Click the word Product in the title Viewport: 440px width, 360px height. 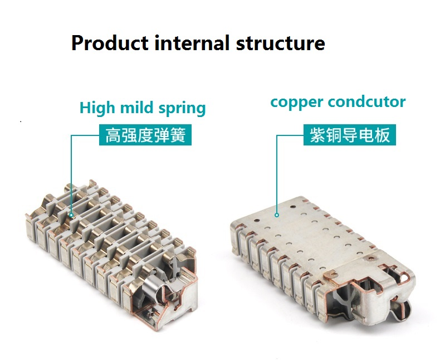click(110, 43)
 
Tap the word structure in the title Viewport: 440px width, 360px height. click(280, 44)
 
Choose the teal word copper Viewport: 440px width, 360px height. click(296, 103)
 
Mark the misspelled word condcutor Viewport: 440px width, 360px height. click(367, 101)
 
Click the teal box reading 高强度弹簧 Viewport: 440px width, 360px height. click(145, 135)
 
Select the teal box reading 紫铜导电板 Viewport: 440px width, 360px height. click(350, 135)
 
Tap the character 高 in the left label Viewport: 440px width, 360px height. click(113, 135)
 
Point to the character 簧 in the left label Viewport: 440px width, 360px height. click(178, 135)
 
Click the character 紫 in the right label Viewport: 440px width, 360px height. click(317, 135)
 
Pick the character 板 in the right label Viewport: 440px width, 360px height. click(382, 135)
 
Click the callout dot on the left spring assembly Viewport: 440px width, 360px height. click(71, 215)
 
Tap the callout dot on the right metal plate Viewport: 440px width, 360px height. click(277, 215)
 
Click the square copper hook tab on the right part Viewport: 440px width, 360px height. click(330, 274)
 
